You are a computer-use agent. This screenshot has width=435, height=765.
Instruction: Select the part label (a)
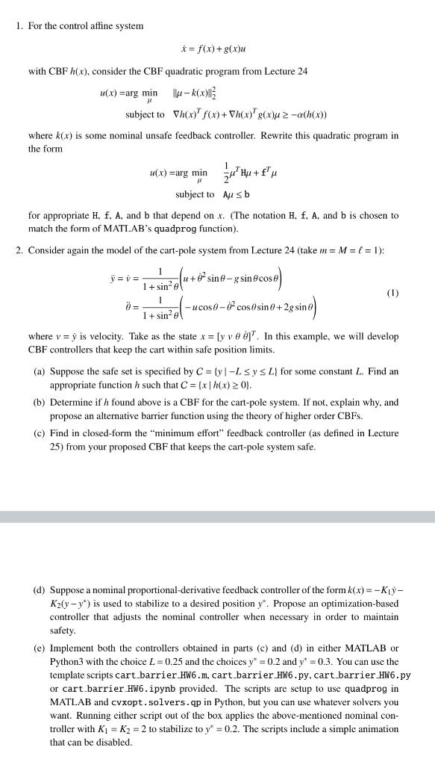point(40,371)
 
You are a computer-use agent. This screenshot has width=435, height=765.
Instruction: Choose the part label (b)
point(40,402)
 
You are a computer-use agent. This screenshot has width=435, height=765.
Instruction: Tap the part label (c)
point(40,433)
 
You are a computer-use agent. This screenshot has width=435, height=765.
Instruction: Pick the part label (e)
point(40,648)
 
